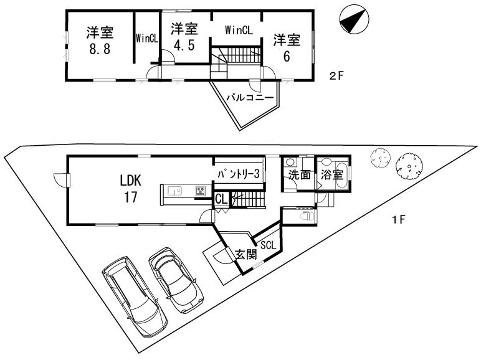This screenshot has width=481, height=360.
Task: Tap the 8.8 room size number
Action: tap(99, 50)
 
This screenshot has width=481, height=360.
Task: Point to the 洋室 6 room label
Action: tap(287, 47)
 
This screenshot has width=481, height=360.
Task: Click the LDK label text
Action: tap(131, 181)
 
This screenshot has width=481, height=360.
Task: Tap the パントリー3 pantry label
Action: tap(238, 175)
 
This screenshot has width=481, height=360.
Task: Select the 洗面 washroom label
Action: tap(299, 175)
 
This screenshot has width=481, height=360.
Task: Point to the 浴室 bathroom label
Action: tap(331, 175)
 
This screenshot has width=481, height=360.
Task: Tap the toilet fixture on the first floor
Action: tap(307, 216)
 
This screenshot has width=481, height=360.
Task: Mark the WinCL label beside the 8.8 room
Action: tap(147, 38)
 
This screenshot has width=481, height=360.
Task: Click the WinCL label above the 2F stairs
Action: tap(239, 29)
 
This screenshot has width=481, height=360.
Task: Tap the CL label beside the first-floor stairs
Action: tap(221, 199)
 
